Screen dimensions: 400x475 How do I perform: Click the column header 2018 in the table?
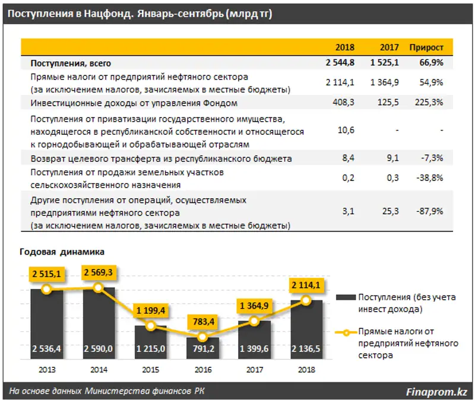[x=345, y=47]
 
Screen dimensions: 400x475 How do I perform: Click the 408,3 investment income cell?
[x=345, y=103]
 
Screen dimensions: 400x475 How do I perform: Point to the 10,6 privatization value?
[x=347, y=131]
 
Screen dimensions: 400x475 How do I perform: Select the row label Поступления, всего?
[x=71, y=62]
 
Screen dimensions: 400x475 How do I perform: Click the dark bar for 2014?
[x=99, y=320]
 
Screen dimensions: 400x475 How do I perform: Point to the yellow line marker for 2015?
[x=151, y=326]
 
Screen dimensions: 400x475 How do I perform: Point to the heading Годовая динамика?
[x=62, y=251]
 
